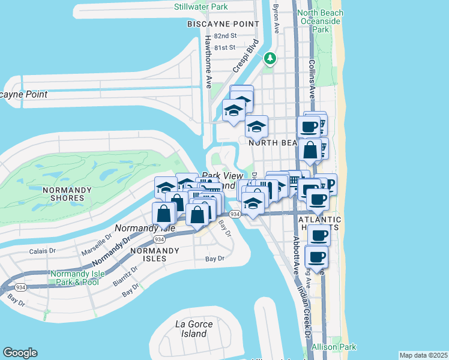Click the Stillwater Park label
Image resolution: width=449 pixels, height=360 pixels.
(x=200, y=7)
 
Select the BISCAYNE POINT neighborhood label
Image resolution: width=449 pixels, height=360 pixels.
(x=223, y=24)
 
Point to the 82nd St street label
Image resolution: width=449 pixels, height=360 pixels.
(x=226, y=37)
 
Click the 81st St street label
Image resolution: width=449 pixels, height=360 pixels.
(x=226, y=47)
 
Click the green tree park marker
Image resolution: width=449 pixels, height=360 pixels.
(x=271, y=58)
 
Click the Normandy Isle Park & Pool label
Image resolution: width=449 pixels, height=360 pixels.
(x=78, y=278)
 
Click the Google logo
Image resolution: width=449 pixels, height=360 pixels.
(x=20, y=353)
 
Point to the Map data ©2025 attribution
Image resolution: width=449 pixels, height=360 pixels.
(x=423, y=355)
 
